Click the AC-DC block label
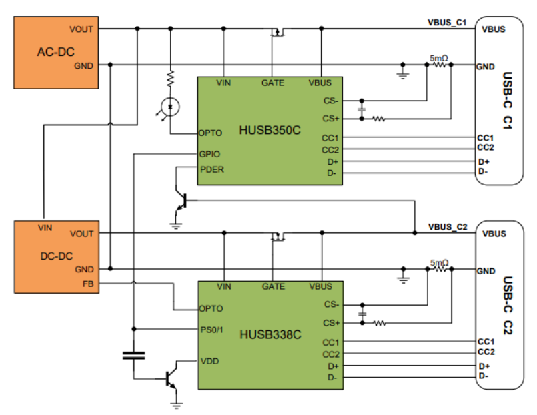(56, 52)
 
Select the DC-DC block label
(57, 256)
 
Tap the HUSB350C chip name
(270, 130)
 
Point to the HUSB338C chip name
(270, 334)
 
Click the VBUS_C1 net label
(447, 23)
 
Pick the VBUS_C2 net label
(448, 227)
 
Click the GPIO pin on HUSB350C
(209, 154)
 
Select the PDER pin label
(212, 169)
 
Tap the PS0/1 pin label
(211, 330)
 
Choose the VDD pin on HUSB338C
(209, 361)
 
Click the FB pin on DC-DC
(88, 284)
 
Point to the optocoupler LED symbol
(170, 107)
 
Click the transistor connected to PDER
(181, 201)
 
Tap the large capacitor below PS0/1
(133, 356)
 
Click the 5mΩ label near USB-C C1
(439, 58)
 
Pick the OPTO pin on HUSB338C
(211, 308)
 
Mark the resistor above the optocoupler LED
(171, 79)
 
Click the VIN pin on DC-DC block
(45, 228)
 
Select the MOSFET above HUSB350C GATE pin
(278, 33)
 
